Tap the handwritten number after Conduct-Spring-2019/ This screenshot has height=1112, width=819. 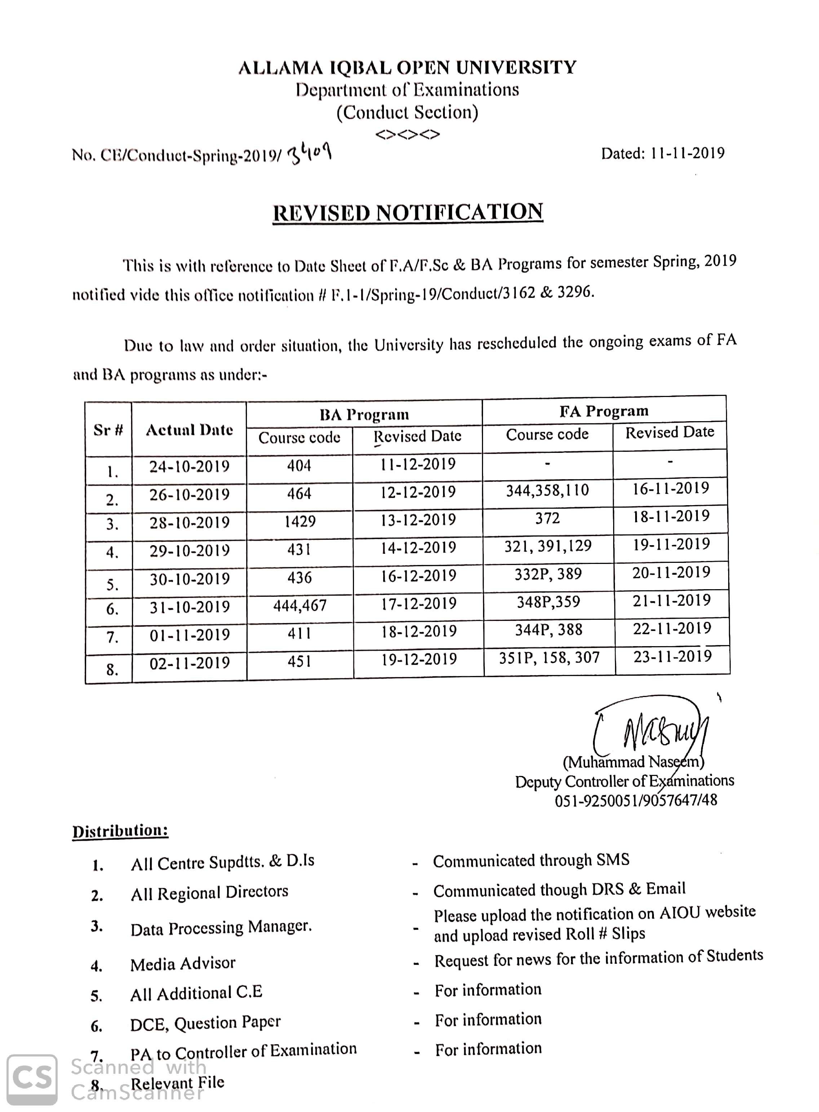pos(309,154)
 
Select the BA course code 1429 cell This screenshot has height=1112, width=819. pos(300,521)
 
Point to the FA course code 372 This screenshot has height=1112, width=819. pos(547,518)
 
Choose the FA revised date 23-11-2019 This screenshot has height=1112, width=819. pos(672,656)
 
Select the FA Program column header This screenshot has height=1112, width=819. pos(604,411)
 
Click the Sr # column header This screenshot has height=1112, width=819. pos(108,430)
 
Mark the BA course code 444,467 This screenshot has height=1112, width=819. pos(300,605)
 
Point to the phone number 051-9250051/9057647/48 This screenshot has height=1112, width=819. pos(636,800)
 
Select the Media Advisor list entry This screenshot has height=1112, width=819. pos(182,963)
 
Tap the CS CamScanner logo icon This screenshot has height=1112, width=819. pos(32,1079)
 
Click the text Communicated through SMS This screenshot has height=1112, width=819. pos(531,860)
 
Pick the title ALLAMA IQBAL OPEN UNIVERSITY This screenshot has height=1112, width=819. pos(407,67)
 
